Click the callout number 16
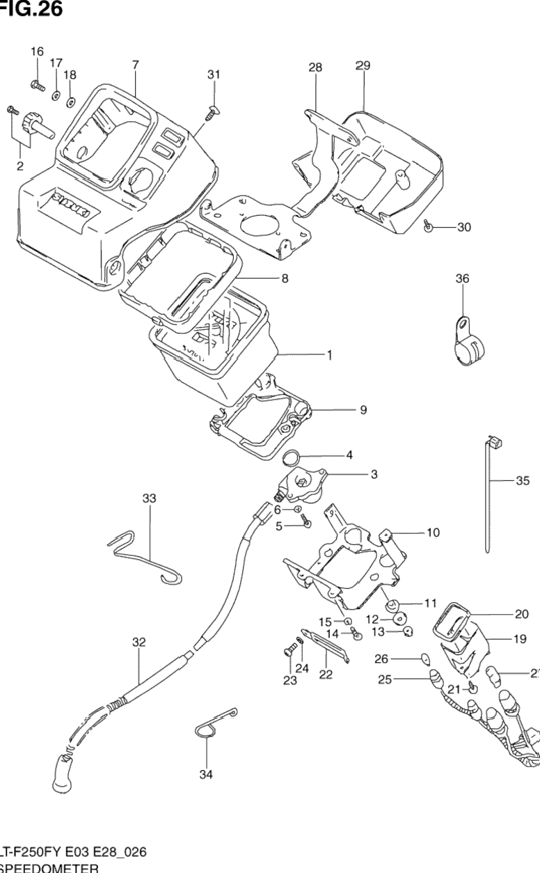(37, 52)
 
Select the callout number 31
(214, 74)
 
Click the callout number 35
(523, 480)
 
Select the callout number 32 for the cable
(139, 643)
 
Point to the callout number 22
(326, 674)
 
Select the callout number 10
(433, 533)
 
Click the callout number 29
(363, 66)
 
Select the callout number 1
(329, 355)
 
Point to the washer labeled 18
(71, 103)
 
